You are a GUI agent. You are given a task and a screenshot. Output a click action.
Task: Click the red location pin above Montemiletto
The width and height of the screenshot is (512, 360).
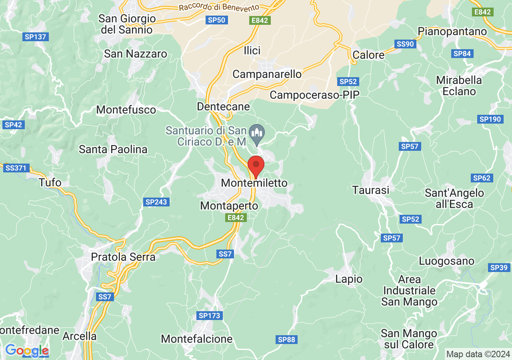click(x=256, y=166)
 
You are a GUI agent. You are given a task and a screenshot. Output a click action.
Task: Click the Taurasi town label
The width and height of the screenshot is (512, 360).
click(x=370, y=190)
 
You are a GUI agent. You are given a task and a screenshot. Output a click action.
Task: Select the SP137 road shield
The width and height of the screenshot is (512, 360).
click(x=36, y=37)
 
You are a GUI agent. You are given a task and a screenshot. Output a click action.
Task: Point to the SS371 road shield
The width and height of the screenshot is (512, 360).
click(x=16, y=168)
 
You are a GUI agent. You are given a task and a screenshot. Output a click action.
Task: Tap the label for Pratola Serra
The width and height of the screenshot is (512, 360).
click(x=123, y=257)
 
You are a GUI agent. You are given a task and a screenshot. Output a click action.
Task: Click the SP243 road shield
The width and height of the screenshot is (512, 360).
click(x=156, y=202)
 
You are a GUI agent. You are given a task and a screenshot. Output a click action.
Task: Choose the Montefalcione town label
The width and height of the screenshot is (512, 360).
click(x=196, y=339)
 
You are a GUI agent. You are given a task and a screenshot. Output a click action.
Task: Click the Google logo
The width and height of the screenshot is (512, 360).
click(x=27, y=351)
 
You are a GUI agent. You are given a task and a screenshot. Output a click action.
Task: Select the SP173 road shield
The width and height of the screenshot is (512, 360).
click(x=209, y=316)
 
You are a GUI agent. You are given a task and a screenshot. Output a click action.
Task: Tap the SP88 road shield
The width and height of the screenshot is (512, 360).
click(x=286, y=340)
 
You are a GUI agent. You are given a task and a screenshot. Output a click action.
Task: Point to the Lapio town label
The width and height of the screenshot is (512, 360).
click(x=349, y=279)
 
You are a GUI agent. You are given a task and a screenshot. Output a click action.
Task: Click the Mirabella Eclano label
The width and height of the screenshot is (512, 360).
click(x=459, y=86)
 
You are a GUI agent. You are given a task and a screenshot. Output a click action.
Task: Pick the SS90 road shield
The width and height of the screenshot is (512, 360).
click(x=405, y=44)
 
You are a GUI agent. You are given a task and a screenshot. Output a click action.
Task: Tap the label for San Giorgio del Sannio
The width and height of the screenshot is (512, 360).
click(x=126, y=24)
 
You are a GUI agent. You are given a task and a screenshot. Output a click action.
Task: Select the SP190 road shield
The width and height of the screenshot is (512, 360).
click(x=490, y=119)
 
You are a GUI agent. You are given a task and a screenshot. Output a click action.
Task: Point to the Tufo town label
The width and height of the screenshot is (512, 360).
click(x=50, y=183)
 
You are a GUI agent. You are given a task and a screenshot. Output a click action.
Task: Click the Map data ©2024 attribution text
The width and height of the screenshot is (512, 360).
click(x=478, y=354)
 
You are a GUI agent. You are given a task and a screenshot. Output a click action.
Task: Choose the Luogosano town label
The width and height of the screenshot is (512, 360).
click(x=446, y=261)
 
